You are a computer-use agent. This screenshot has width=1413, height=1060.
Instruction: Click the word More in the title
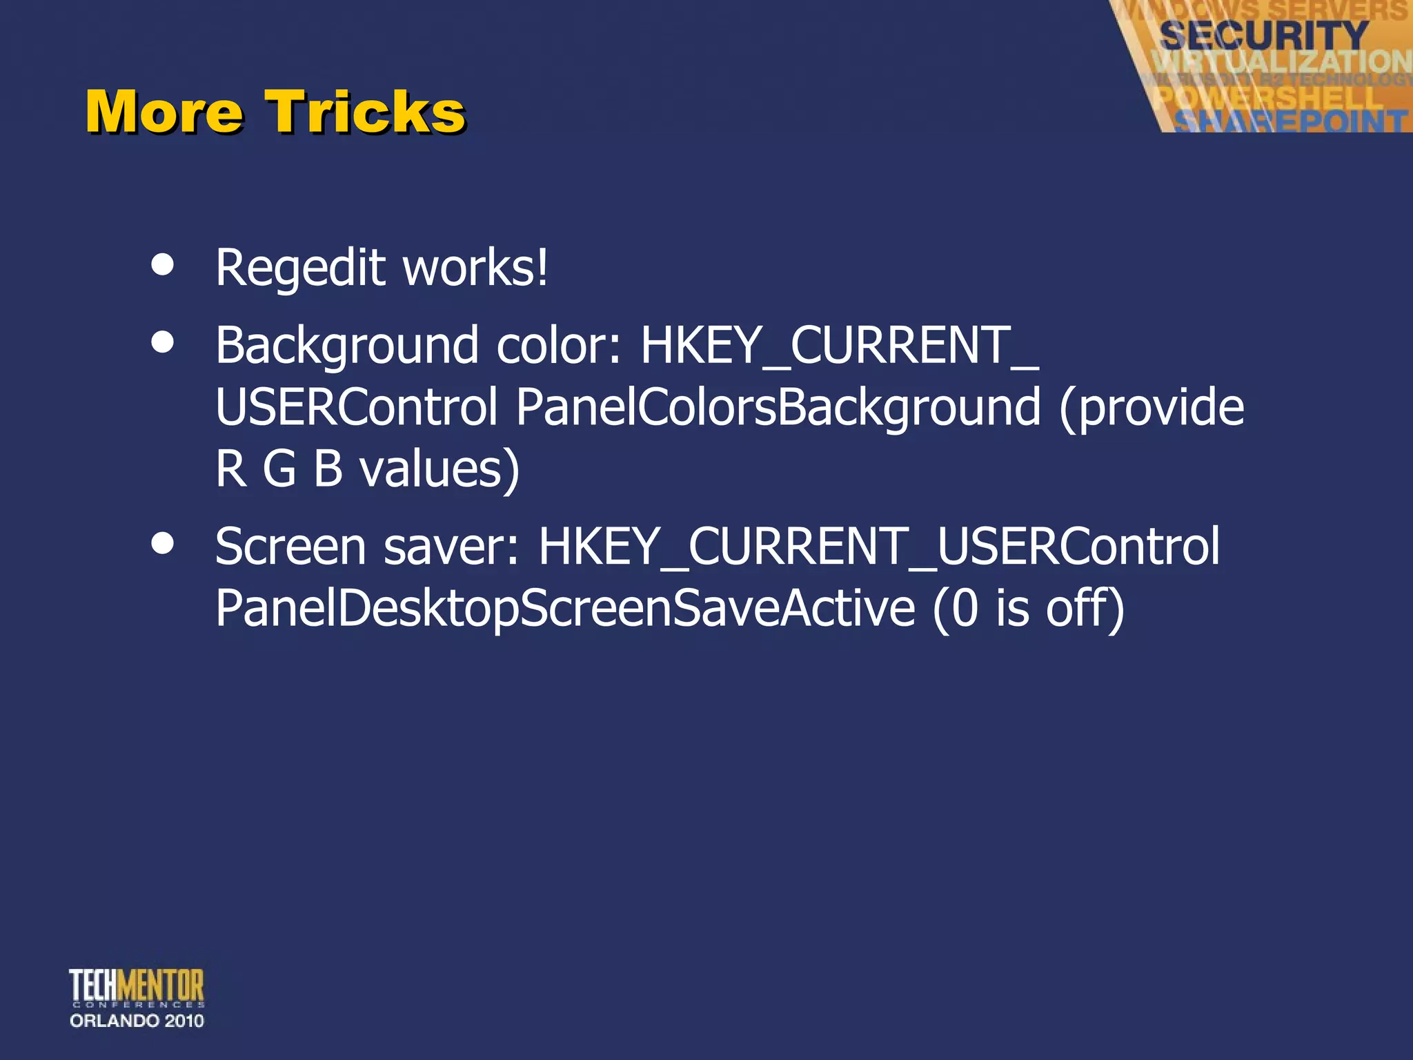point(164,112)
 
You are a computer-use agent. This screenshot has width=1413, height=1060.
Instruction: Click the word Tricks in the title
point(366,112)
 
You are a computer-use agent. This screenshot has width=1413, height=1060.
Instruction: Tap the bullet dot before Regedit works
point(163,265)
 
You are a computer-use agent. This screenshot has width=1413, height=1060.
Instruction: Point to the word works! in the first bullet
point(475,268)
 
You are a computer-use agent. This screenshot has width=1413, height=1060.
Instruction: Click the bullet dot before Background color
point(163,342)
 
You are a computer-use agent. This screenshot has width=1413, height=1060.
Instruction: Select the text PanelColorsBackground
point(778,407)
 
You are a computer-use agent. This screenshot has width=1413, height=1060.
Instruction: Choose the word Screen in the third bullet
point(290,547)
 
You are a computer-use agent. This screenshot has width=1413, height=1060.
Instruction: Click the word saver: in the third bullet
point(451,547)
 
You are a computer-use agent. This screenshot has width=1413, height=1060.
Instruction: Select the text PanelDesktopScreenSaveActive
point(565,609)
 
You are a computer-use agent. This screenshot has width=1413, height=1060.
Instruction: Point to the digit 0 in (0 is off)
point(965,609)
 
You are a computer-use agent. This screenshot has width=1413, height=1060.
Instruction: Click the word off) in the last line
point(1085,609)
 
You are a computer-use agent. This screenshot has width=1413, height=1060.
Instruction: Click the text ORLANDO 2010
point(137,1021)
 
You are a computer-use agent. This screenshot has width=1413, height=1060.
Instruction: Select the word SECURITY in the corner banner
point(1263,36)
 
